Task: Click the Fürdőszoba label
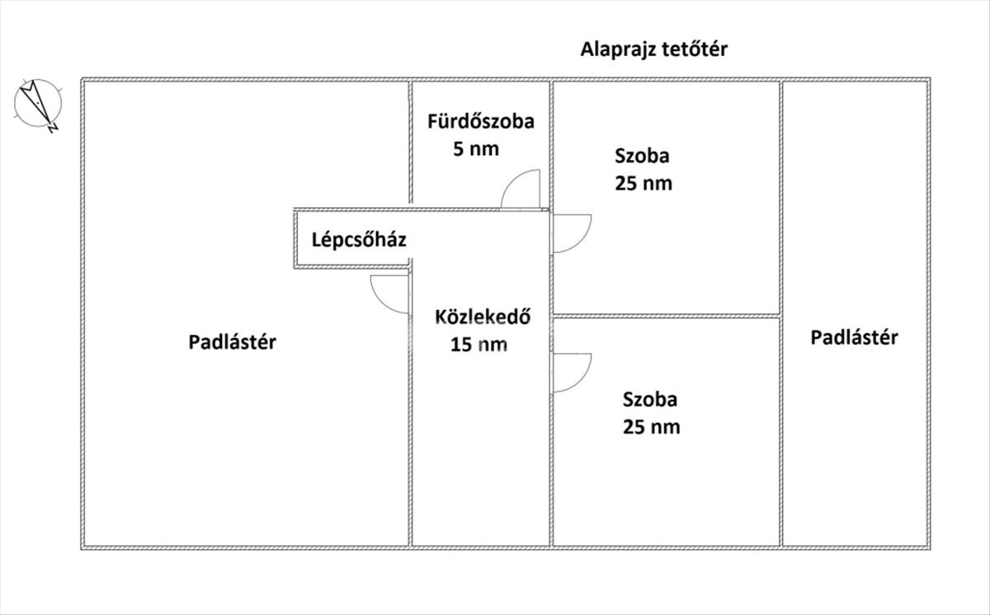(481, 122)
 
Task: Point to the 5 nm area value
(477, 149)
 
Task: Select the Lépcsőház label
(359, 241)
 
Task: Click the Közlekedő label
(482, 317)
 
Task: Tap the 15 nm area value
(478, 345)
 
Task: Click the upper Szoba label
(642, 155)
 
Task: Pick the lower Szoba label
(650, 400)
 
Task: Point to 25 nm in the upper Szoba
(643, 183)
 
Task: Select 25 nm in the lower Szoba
(652, 427)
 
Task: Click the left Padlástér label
(232, 342)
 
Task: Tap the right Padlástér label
(854, 337)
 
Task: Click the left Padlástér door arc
(389, 294)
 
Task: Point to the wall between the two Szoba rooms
(667, 316)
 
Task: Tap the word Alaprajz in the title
(617, 49)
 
